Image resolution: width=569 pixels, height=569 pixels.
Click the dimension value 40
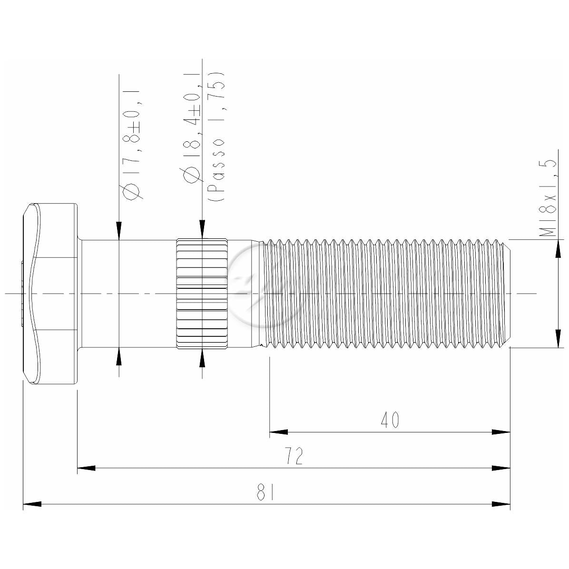[390, 420]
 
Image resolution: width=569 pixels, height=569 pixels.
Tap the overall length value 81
[265, 492]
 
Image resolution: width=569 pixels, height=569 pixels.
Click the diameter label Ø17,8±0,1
[133, 145]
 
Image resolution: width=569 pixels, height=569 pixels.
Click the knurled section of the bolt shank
[202, 293]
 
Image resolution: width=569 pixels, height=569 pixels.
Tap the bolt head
[49, 293]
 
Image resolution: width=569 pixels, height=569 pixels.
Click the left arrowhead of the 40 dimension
[278, 432]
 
